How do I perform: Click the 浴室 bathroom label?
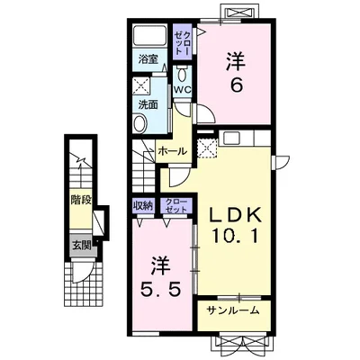point(148,59)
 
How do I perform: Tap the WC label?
point(183,90)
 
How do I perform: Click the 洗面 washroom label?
point(148,104)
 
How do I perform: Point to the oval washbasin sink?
point(140,123)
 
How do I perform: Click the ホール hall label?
point(173,151)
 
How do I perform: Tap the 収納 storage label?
point(143,206)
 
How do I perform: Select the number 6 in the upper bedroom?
point(236,85)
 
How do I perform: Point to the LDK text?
point(236,215)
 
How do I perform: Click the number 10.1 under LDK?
point(235,236)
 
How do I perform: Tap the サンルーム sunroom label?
point(233,310)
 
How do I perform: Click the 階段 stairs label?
point(81,200)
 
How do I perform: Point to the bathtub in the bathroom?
point(150,36)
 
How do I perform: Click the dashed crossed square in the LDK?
point(207,148)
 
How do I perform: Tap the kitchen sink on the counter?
point(230,138)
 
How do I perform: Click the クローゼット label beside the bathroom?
point(183,42)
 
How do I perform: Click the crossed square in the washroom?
point(141,85)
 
